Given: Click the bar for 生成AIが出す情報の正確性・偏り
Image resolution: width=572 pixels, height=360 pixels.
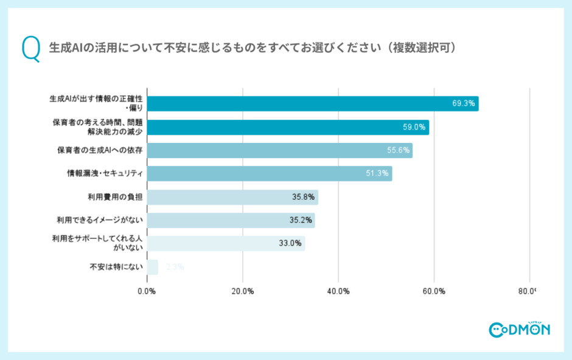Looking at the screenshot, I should pyautogui.click(x=312, y=103).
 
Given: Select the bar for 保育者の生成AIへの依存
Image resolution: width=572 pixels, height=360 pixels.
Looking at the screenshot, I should pyautogui.click(x=279, y=150).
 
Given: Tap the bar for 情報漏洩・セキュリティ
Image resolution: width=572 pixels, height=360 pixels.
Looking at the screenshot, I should pyautogui.click(x=269, y=173).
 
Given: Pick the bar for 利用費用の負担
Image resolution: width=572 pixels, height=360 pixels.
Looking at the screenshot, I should pyautogui.click(x=232, y=197).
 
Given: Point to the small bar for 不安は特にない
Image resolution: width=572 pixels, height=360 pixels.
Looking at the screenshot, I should pyautogui.click(x=152, y=267).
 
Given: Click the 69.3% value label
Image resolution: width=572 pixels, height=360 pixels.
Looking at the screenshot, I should pyautogui.click(x=463, y=103).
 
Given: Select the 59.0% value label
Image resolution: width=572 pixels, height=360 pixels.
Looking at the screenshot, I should pyautogui.click(x=414, y=127).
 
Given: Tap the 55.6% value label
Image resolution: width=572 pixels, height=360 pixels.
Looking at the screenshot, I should pyautogui.click(x=398, y=150).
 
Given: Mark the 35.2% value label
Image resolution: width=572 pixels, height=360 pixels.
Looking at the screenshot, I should pyautogui.click(x=301, y=220).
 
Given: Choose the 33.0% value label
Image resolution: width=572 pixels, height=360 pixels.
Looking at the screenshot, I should pyautogui.click(x=290, y=243).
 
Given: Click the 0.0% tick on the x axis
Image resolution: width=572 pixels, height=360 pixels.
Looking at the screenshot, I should pyautogui.click(x=147, y=291).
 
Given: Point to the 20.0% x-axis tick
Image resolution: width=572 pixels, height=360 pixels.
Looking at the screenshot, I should pyautogui.click(x=243, y=291).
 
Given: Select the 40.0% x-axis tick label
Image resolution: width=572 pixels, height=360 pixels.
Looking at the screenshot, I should pyautogui.click(x=338, y=291).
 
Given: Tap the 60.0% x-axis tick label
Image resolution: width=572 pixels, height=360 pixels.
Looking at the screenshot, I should pyautogui.click(x=434, y=291).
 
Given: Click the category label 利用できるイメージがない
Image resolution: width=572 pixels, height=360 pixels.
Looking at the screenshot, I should pyautogui.click(x=100, y=220).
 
